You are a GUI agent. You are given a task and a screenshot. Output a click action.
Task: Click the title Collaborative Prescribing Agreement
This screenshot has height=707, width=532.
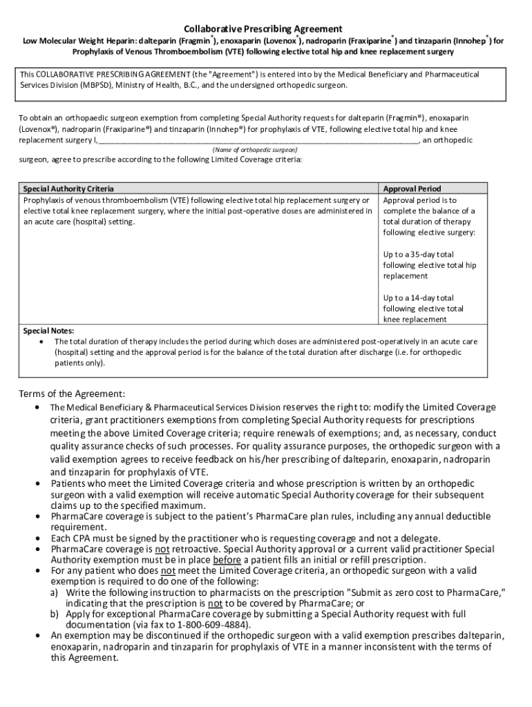coord(263,28)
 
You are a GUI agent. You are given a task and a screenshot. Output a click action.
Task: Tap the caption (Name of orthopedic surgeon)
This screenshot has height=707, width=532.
coord(255,150)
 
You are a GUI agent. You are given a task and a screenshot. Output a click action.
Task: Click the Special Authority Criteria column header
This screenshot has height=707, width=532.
coord(68,188)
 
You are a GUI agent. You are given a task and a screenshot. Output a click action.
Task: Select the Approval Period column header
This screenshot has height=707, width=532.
coord(412,188)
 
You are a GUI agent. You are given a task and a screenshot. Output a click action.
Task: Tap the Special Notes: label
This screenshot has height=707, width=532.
coord(48,330)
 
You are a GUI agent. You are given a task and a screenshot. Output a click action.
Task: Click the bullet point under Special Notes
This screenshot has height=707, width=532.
coord(44,341)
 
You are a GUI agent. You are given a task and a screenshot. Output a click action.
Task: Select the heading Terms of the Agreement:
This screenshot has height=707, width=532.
coord(72,394)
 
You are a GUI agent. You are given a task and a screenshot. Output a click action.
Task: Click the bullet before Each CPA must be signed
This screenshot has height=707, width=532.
coord(39,539)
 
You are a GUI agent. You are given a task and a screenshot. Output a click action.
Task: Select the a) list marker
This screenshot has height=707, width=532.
coord(53,592)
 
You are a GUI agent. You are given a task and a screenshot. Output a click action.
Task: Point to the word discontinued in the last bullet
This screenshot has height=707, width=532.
coord(155,635)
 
